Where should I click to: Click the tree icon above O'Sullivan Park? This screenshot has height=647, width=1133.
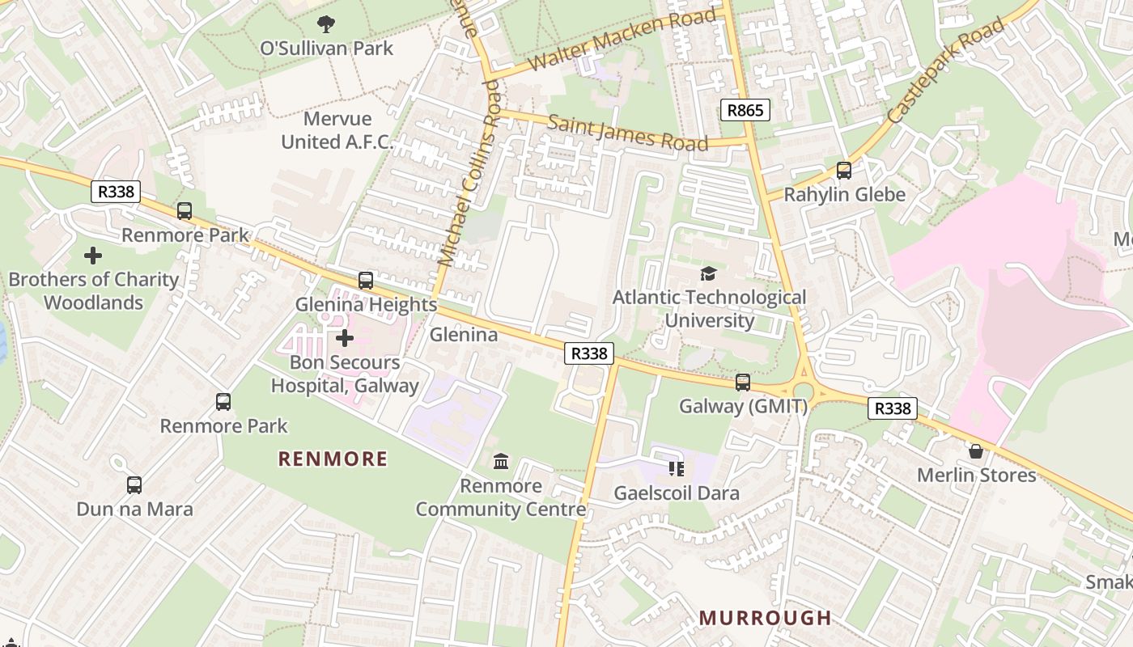tap(326, 23)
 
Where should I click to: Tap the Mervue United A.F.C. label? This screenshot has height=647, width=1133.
tap(337, 131)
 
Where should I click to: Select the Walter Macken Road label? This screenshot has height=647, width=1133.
tap(622, 40)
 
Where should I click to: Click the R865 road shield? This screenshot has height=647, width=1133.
tap(745, 110)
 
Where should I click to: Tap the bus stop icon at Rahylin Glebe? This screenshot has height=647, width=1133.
tap(844, 171)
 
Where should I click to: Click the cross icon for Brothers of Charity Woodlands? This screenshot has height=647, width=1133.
tap(93, 256)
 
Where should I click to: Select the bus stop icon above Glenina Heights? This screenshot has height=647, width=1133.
tap(366, 281)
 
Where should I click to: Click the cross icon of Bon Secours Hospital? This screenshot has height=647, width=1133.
tap(345, 337)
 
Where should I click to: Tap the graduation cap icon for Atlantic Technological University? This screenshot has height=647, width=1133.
tap(709, 274)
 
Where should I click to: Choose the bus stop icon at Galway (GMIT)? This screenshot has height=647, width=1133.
tap(743, 383)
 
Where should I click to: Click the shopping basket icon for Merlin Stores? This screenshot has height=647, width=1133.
tap(976, 451)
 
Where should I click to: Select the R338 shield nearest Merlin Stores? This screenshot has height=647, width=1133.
tap(893, 408)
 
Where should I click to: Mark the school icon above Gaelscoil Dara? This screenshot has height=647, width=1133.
tap(677, 469)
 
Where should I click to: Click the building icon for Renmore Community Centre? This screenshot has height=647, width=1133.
tap(501, 462)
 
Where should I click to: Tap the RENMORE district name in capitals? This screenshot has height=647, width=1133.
tap(333, 459)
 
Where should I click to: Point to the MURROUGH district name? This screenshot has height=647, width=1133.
tap(765, 618)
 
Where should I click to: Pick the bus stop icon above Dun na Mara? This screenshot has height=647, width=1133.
tap(134, 485)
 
